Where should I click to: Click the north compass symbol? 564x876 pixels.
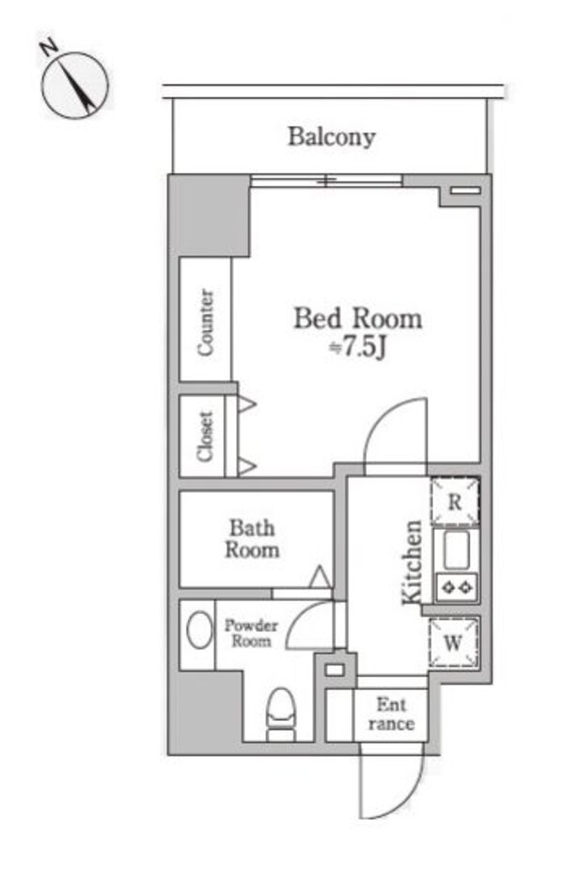point(76,84)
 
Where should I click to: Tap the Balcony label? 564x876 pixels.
point(331,137)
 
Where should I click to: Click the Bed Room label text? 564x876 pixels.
point(357,319)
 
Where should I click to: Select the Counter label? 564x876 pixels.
point(206,321)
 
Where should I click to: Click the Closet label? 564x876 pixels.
point(206,436)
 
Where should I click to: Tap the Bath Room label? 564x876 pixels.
point(251,539)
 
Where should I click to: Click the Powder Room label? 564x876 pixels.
point(249,633)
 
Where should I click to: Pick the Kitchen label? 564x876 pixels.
point(412,562)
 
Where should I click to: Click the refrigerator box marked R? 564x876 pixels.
point(455,502)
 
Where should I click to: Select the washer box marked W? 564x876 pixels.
point(454,643)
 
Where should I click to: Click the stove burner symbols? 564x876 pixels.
point(456,589)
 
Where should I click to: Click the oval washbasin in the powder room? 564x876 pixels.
point(198,630)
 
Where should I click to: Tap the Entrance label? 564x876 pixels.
point(390,714)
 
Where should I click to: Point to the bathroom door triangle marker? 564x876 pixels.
point(320,577)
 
